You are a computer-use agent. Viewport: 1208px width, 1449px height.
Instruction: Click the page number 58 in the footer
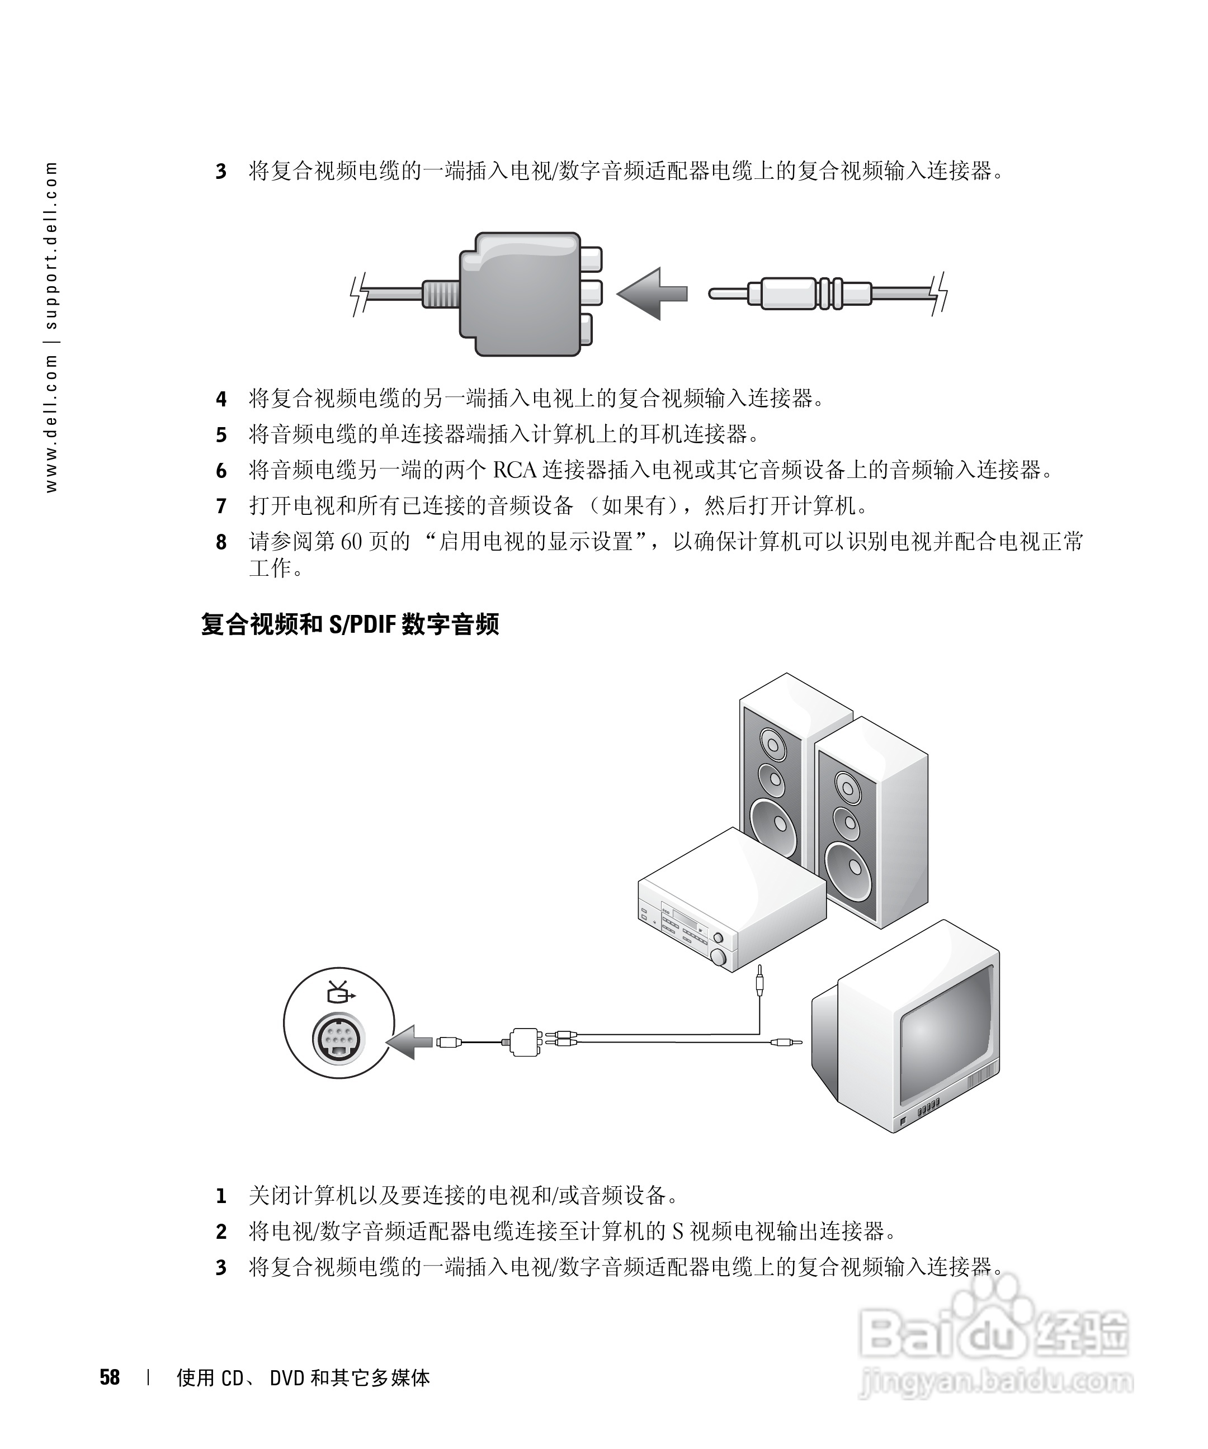[x=110, y=1377]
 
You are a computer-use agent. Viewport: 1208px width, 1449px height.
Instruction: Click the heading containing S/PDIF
[x=350, y=624]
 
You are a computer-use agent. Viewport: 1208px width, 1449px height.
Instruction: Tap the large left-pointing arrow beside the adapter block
[x=651, y=294]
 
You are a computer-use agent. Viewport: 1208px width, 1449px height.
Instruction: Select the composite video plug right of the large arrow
[x=794, y=294]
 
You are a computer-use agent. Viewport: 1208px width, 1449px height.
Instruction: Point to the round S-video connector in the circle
[x=338, y=1036]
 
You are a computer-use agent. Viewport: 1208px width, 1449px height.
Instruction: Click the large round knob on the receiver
[x=719, y=957]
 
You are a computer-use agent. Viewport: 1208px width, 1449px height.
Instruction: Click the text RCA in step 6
[x=515, y=470]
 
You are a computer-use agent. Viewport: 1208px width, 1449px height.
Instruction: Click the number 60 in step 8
[x=351, y=542]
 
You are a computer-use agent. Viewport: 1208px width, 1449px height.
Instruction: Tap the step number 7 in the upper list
[x=221, y=506]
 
